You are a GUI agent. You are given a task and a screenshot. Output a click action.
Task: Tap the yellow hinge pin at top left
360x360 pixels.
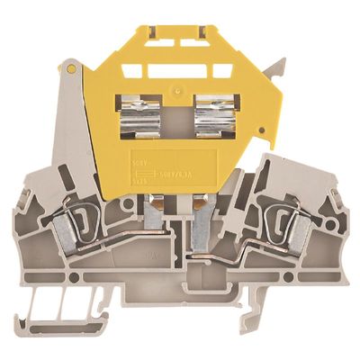point(71,68)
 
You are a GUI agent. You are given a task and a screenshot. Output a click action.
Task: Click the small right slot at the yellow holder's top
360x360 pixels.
point(202,42)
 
